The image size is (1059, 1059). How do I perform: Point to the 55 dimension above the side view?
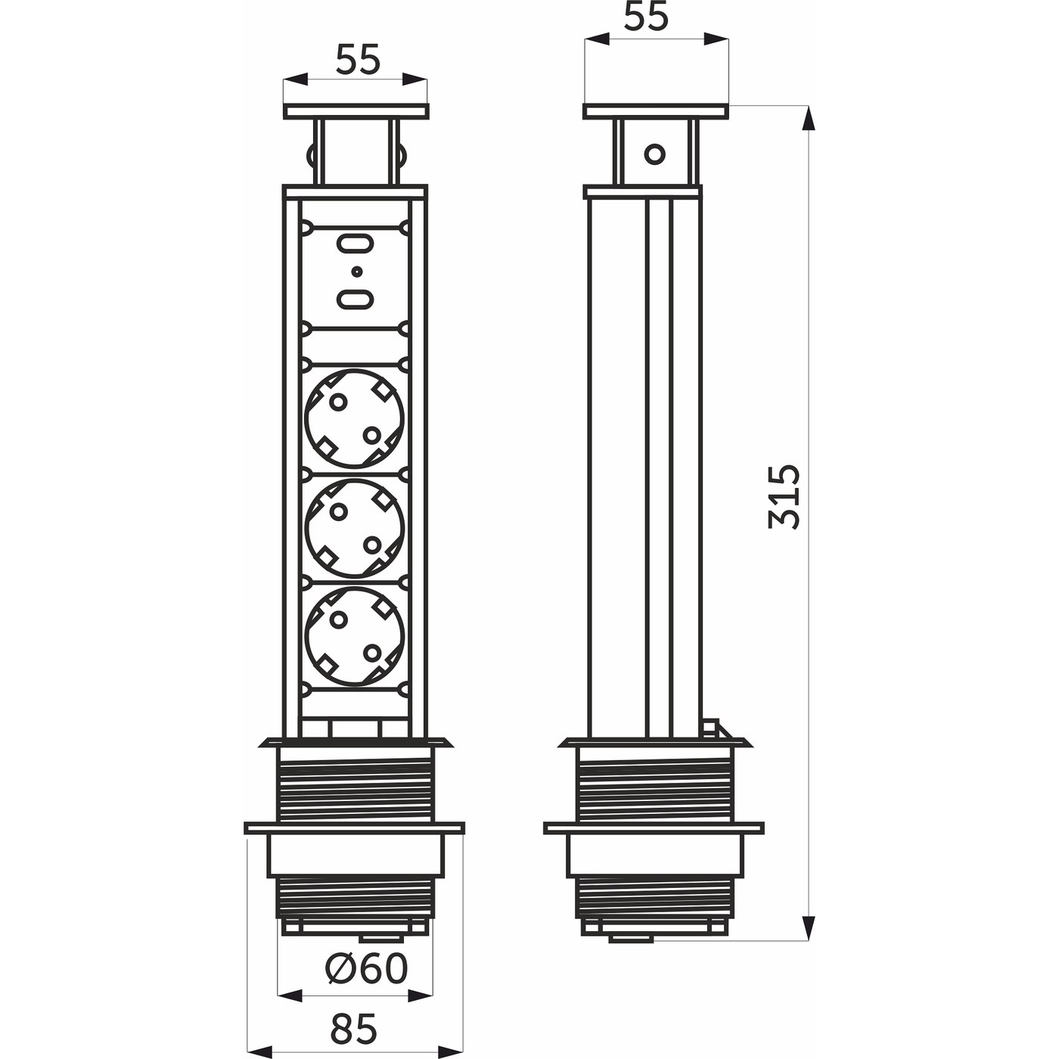click(646, 17)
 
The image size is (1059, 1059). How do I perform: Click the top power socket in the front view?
click(355, 419)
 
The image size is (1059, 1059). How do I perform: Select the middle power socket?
click(355, 529)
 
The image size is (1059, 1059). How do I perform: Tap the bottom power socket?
click(355, 638)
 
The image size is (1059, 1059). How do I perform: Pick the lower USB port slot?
click(355, 300)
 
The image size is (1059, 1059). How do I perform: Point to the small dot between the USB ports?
click(356, 271)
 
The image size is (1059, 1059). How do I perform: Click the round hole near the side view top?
click(654, 154)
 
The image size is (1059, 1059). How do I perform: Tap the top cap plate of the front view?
click(356, 111)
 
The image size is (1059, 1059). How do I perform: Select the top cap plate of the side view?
click(656, 111)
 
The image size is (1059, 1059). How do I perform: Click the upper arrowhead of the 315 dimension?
click(808, 118)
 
